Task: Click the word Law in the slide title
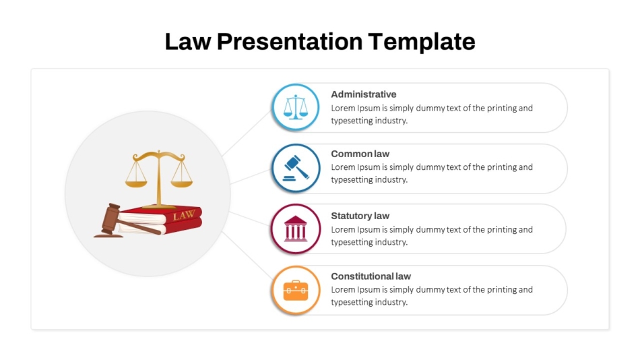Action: tap(188, 42)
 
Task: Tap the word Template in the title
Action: tap(422, 42)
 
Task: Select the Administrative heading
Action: tap(364, 94)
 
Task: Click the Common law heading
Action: tap(360, 154)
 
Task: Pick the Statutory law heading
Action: tap(360, 216)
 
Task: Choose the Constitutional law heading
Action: tap(371, 276)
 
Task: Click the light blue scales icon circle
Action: tap(296, 107)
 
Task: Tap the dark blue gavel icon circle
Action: tap(296, 168)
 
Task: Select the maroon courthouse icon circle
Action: tap(296, 229)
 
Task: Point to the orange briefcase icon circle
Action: tap(296, 291)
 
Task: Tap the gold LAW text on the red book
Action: tap(183, 216)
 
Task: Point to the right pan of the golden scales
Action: tap(181, 181)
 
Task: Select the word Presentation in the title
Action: tap(290, 42)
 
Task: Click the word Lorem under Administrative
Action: tap(344, 108)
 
